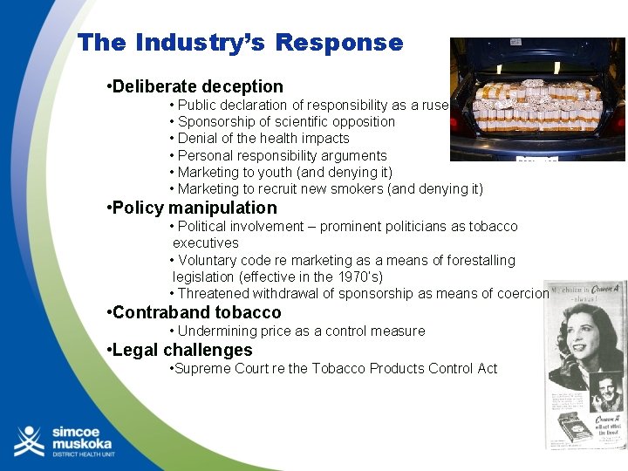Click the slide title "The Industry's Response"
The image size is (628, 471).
240,43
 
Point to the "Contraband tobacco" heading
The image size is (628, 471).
196,312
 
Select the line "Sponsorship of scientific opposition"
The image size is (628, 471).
286,122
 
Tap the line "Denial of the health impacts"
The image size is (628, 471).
263,139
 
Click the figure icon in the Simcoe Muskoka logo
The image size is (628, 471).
29,441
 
